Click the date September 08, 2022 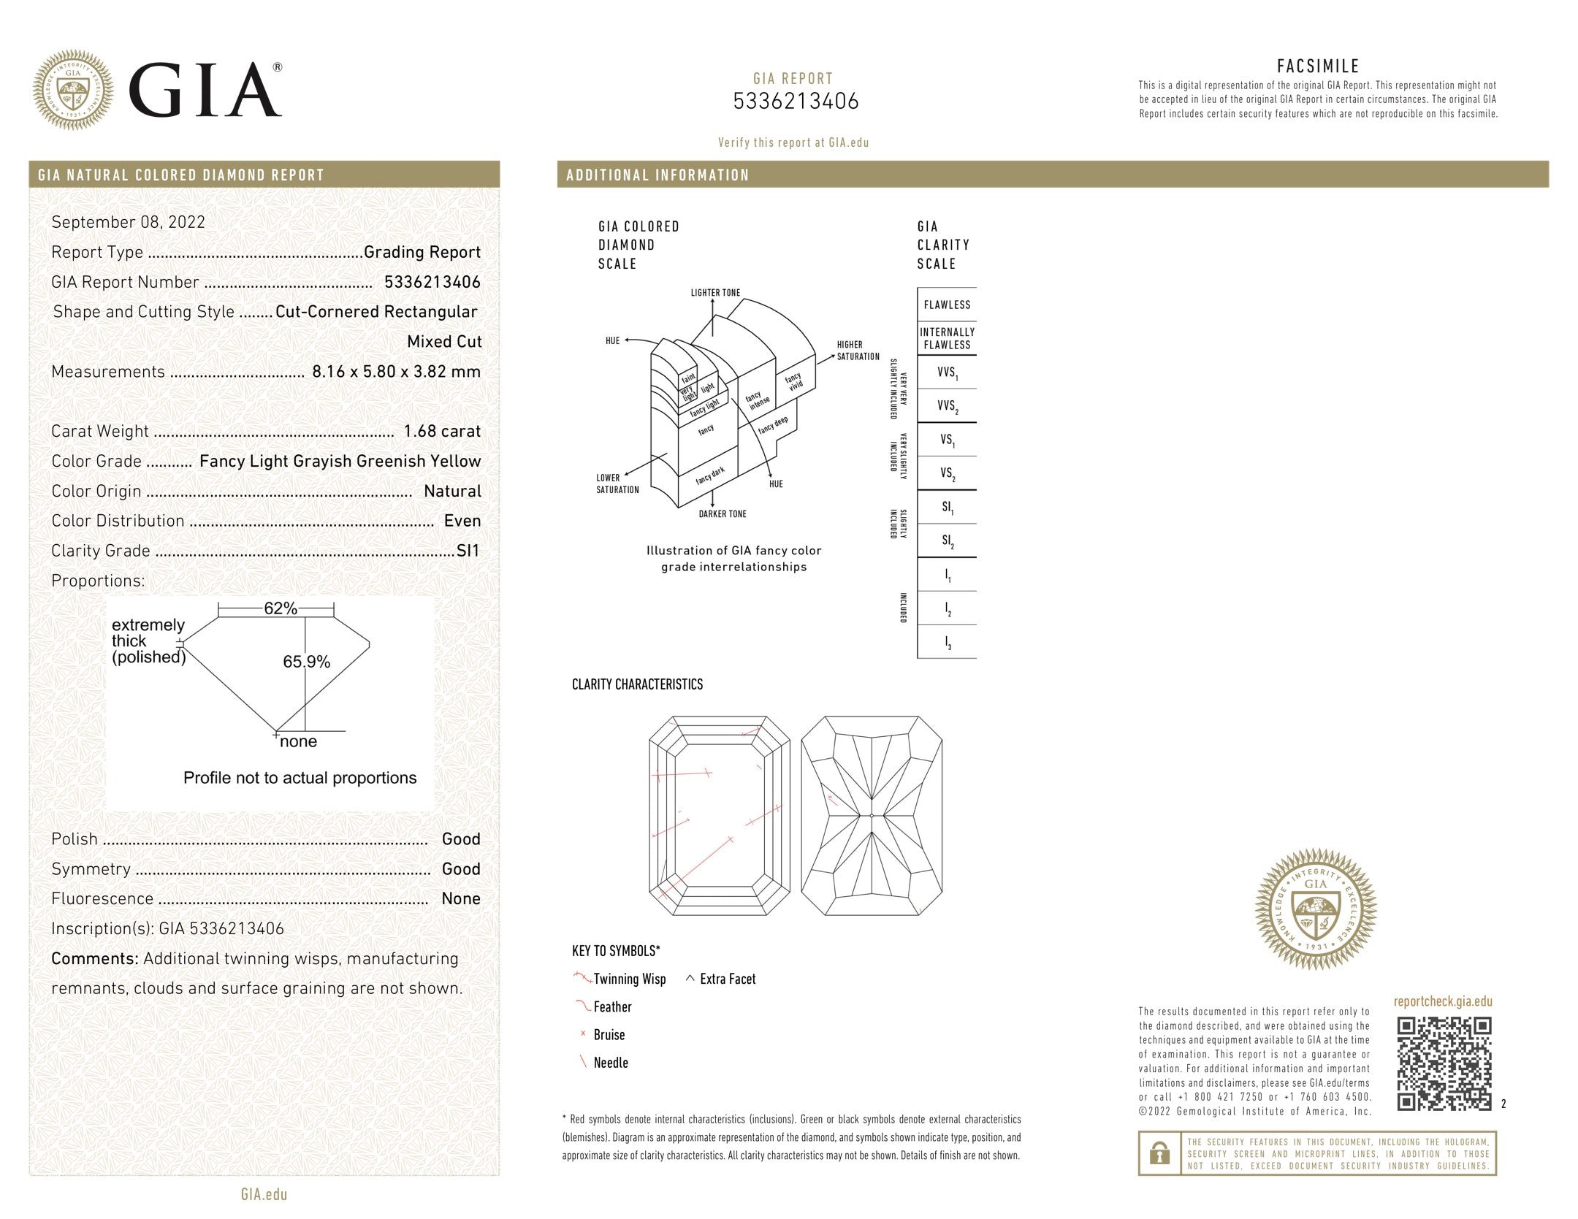tap(128, 222)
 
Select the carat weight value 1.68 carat tap(442, 431)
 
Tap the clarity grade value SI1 tap(468, 551)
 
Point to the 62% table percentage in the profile tap(281, 608)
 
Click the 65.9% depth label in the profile tap(306, 662)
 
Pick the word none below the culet tap(298, 742)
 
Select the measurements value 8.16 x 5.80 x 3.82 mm tap(396, 371)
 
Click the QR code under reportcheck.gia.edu tap(1444, 1063)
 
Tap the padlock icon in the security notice tap(1159, 1153)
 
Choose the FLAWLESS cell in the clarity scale tap(947, 305)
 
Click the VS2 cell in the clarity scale tap(947, 473)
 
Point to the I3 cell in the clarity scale tap(947, 643)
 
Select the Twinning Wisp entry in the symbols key tap(629, 979)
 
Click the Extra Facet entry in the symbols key tap(727, 979)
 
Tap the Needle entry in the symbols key tap(610, 1063)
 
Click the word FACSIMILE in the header tap(1318, 66)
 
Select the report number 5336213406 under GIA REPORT tap(795, 101)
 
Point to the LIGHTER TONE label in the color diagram tap(715, 293)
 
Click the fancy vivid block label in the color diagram tap(793, 381)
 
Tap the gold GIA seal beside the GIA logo tap(73, 90)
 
